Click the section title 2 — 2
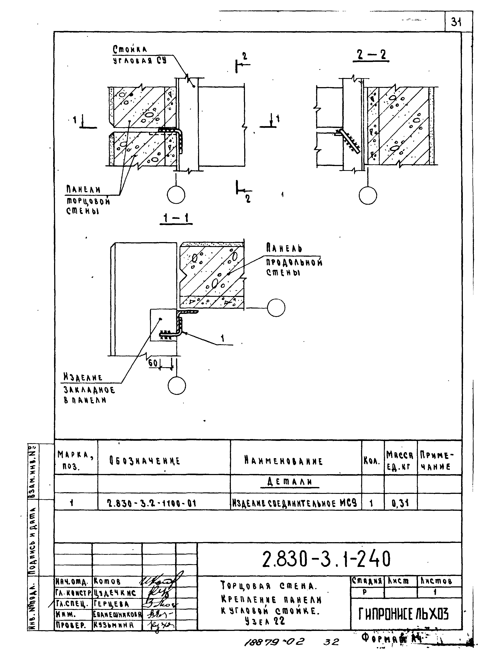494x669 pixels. point(371,55)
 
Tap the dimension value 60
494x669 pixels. point(153,363)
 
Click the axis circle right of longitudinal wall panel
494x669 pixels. point(276,308)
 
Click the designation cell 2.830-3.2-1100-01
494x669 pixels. point(151,504)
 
